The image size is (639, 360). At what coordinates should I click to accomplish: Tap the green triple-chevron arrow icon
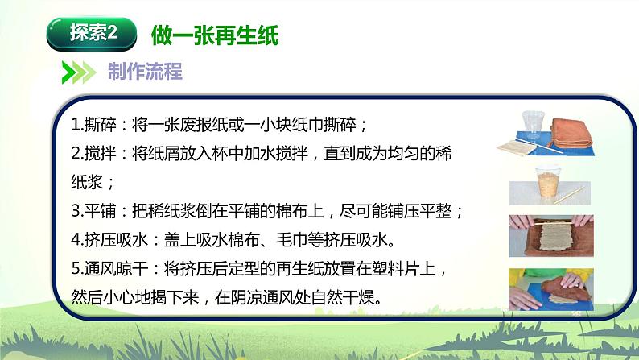(79, 72)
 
